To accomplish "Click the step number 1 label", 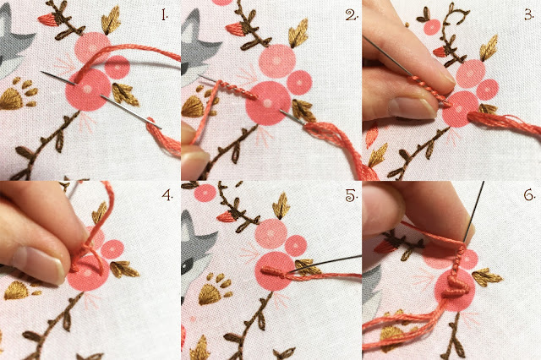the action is point(165,15).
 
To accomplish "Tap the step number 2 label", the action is point(352,15).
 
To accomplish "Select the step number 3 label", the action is point(529,15).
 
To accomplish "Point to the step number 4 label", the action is point(167,195).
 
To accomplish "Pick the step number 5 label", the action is point(352,195).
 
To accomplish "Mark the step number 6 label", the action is point(530,195).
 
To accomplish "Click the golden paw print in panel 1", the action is point(19,94).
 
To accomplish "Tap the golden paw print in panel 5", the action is point(215,289).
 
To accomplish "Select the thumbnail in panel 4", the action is point(38,264).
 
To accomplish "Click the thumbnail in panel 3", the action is point(412,106).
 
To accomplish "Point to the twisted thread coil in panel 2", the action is point(238,90).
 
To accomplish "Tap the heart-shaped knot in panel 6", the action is point(456,286).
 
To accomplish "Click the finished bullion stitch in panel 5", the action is point(273,272).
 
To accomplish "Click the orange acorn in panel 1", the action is point(47,19).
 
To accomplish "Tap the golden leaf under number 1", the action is point(111,20).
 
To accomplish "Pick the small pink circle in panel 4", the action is point(112,249).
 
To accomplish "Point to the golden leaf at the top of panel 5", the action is point(281,206).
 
